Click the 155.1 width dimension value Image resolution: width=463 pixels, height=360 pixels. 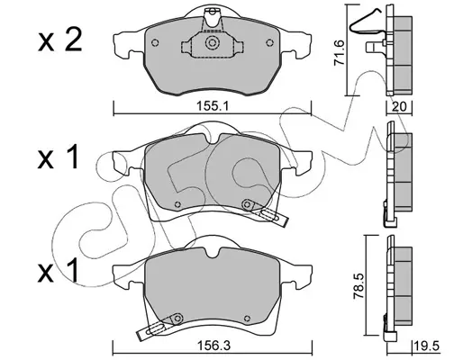(213, 106)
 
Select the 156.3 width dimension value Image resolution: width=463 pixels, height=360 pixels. (213, 346)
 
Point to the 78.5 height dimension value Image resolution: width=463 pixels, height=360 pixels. (359, 285)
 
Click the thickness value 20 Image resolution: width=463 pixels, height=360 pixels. (399, 106)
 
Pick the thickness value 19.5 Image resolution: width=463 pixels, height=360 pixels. (427, 346)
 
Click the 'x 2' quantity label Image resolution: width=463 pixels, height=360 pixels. (60, 40)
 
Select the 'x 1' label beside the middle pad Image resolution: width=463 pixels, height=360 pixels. (58, 157)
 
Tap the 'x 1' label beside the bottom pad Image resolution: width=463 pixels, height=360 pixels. (58, 272)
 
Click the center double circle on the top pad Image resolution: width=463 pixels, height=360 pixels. (212, 42)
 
